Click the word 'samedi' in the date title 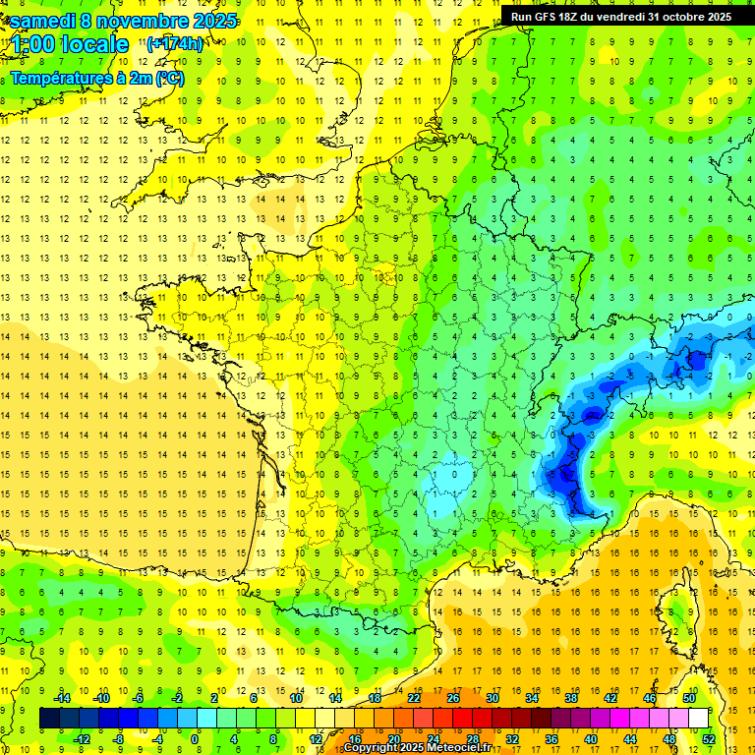[x=48, y=21]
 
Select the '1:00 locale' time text [x=69, y=44]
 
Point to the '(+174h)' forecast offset [x=175, y=44]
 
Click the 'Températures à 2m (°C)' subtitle [x=96, y=79]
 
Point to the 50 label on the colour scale [x=689, y=698]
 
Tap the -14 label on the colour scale [x=62, y=698]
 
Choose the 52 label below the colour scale [x=709, y=738]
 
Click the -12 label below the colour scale [x=82, y=738]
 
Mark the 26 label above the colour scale [x=453, y=698]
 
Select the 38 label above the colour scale [x=571, y=698]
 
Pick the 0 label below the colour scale [x=196, y=738]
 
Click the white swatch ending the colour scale [x=698, y=718]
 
